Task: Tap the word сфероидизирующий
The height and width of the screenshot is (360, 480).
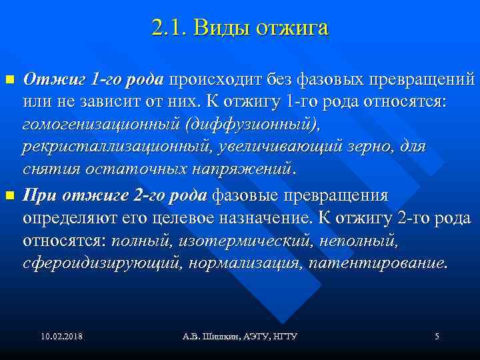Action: (101, 262)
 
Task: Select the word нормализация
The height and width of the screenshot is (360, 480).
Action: (245, 262)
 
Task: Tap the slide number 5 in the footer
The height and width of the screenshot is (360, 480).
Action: (437, 336)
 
